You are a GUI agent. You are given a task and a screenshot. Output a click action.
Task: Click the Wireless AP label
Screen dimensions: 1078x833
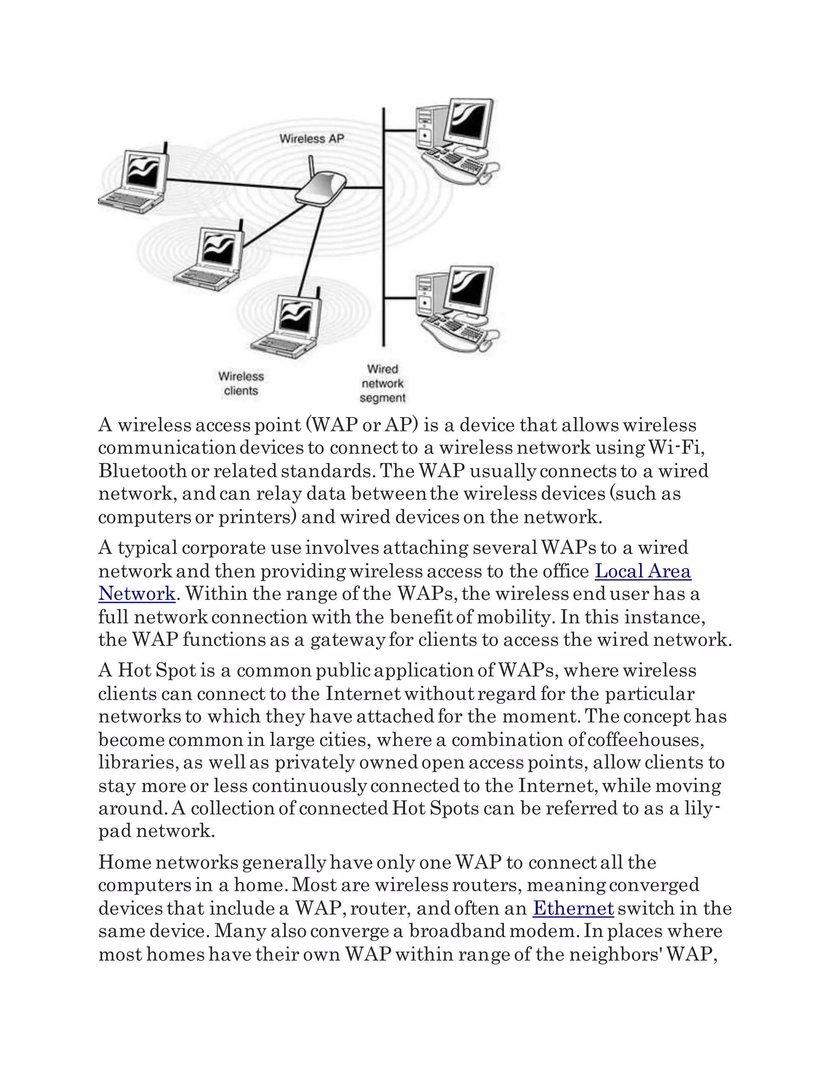click(x=312, y=139)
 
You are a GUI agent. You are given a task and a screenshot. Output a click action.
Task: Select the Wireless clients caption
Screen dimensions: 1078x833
click(x=241, y=384)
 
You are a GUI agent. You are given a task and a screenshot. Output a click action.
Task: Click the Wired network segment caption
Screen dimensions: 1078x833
click(x=382, y=384)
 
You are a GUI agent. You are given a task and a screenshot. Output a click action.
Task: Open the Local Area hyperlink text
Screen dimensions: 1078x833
click(x=643, y=571)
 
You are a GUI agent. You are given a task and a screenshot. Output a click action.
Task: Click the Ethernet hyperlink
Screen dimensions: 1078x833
click(x=573, y=908)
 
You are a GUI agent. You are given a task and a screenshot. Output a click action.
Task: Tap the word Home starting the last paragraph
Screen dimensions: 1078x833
click(x=124, y=862)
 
